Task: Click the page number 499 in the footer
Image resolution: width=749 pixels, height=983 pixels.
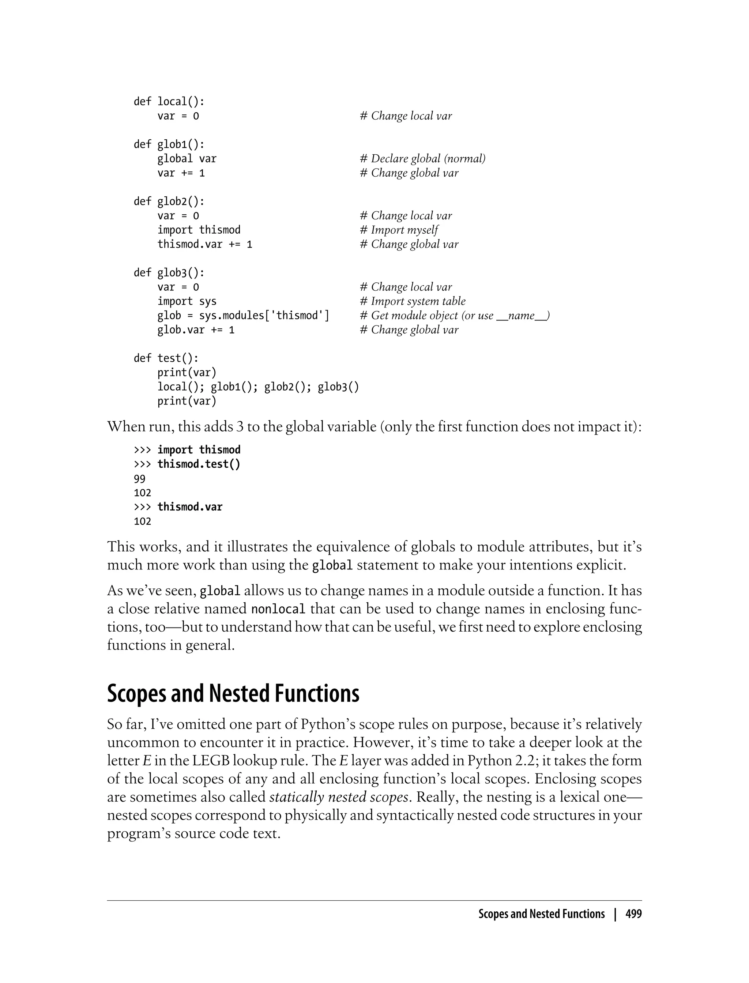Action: click(x=633, y=914)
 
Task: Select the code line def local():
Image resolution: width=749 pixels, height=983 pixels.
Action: click(x=169, y=102)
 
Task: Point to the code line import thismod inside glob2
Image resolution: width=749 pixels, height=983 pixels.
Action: click(x=199, y=230)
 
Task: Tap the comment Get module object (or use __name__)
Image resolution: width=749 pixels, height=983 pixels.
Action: click(x=455, y=316)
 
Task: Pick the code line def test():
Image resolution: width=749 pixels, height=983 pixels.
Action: click(x=166, y=358)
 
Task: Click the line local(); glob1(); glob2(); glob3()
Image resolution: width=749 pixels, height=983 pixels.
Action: click(x=258, y=387)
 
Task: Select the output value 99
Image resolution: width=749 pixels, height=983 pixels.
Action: click(x=140, y=479)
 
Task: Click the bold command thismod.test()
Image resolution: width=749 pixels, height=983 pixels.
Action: click(x=199, y=464)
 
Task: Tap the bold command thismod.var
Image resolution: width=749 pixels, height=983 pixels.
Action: click(x=190, y=507)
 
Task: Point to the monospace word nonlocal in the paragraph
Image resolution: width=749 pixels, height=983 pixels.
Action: click(x=278, y=609)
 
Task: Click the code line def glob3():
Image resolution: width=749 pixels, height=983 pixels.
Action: click(x=169, y=273)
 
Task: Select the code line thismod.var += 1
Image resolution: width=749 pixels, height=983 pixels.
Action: click(x=205, y=244)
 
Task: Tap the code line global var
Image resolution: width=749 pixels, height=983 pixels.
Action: click(x=187, y=159)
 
